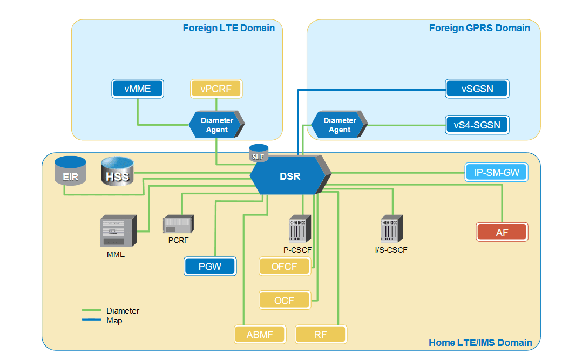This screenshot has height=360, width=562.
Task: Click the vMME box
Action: (138, 89)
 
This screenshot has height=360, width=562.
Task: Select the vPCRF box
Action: (216, 89)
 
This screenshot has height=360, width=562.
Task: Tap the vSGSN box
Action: (477, 89)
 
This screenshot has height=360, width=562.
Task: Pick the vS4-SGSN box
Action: (477, 125)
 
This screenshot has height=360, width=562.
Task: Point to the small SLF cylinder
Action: (258, 154)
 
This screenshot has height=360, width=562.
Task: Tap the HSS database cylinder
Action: (117, 172)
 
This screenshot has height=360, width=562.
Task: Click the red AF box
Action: (502, 232)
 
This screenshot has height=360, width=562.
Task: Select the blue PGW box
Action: (210, 266)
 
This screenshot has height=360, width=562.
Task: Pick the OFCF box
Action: (285, 266)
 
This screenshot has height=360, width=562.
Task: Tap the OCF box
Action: (285, 300)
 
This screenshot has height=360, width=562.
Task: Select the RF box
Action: (321, 334)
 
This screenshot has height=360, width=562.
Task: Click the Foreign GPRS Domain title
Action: (479, 28)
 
